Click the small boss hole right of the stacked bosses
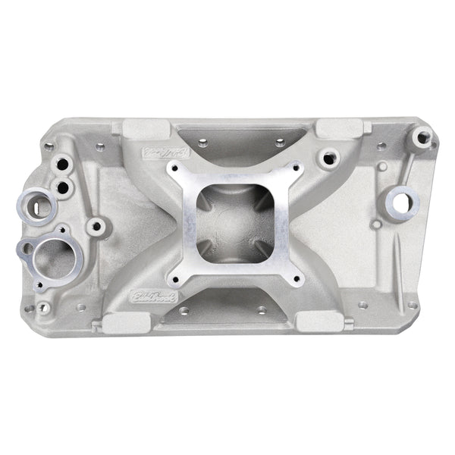coord(96,224)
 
